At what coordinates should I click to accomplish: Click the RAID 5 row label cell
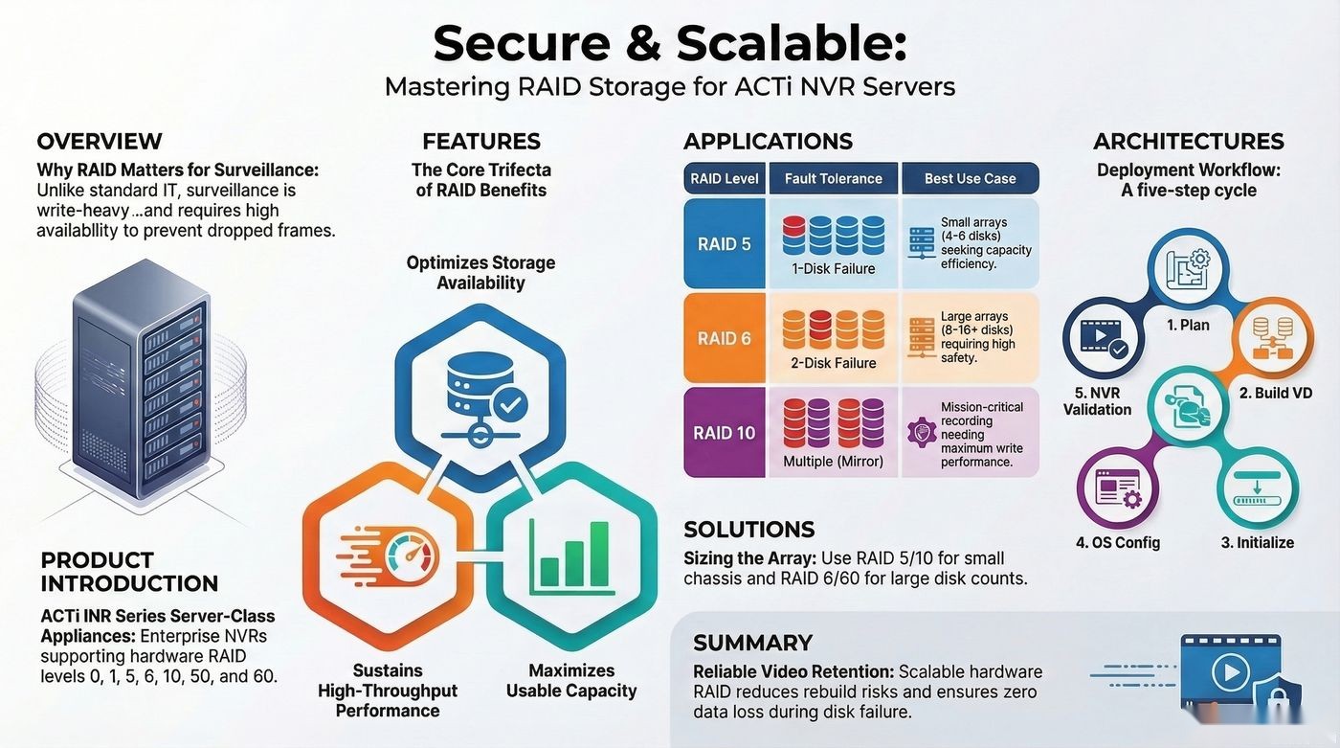(x=725, y=243)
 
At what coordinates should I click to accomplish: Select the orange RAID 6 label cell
(x=725, y=338)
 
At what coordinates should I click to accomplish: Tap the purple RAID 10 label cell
(x=725, y=432)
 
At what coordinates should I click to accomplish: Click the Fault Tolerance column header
(x=834, y=178)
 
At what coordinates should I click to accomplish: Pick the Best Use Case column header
(x=971, y=178)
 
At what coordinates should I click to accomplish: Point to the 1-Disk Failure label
(x=834, y=269)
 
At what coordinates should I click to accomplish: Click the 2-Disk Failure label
(x=834, y=363)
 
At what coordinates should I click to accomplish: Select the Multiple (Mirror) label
(x=834, y=462)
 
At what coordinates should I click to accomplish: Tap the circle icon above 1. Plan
(x=1188, y=267)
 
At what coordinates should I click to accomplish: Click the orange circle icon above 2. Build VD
(x=1274, y=337)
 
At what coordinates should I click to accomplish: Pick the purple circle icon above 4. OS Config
(x=1118, y=488)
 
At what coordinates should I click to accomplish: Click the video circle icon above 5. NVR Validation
(x=1104, y=337)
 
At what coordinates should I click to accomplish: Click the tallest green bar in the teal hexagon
(x=599, y=555)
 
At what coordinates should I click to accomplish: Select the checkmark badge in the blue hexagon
(x=509, y=406)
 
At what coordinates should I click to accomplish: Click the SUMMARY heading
(x=752, y=643)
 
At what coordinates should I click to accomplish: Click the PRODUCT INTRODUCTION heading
(x=129, y=572)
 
